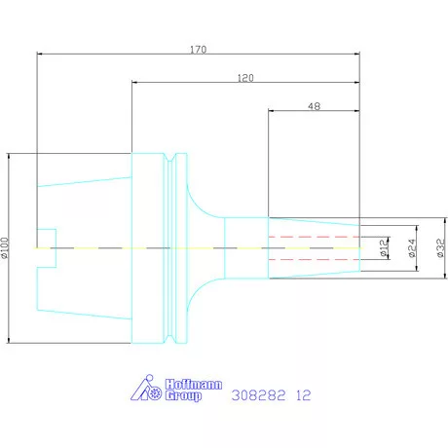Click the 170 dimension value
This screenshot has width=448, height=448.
(x=199, y=46)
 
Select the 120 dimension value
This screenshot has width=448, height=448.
(x=246, y=76)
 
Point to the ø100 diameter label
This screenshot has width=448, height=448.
(x=6, y=249)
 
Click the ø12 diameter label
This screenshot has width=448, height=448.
(x=384, y=248)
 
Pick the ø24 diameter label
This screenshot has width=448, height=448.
(x=413, y=249)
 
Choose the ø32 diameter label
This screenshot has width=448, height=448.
(x=440, y=249)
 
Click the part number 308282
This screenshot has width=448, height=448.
(x=256, y=395)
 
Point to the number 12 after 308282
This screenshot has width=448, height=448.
(x=304, y=395)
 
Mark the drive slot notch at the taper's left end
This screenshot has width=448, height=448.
(x=47, y=247)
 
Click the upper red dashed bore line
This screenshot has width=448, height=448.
(x=313, y=237)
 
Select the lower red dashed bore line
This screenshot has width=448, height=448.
(x=313, y=260)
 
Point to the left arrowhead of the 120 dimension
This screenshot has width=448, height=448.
(x=134, y=83)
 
